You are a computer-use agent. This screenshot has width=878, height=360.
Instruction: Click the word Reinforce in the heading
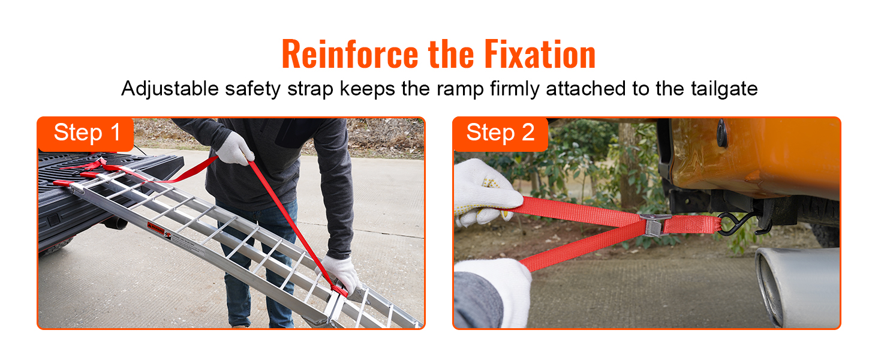pos(351,55)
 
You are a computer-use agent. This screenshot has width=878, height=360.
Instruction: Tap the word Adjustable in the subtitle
pos(170,89)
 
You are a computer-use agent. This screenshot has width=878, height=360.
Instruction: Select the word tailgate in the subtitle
pos(722,89)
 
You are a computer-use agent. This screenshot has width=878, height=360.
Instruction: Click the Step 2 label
pos(500,133)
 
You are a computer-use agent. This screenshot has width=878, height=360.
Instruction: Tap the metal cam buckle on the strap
pos(655,223)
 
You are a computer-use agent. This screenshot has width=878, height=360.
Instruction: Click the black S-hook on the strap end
pos(735,224)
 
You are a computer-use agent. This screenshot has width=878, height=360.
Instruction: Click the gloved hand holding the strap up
pos(234,148)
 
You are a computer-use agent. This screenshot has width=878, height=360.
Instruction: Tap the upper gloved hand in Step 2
pos(485,191)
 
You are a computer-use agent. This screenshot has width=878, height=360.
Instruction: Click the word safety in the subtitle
pos(252,89)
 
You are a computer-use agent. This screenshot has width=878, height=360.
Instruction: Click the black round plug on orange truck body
pos(722,134)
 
